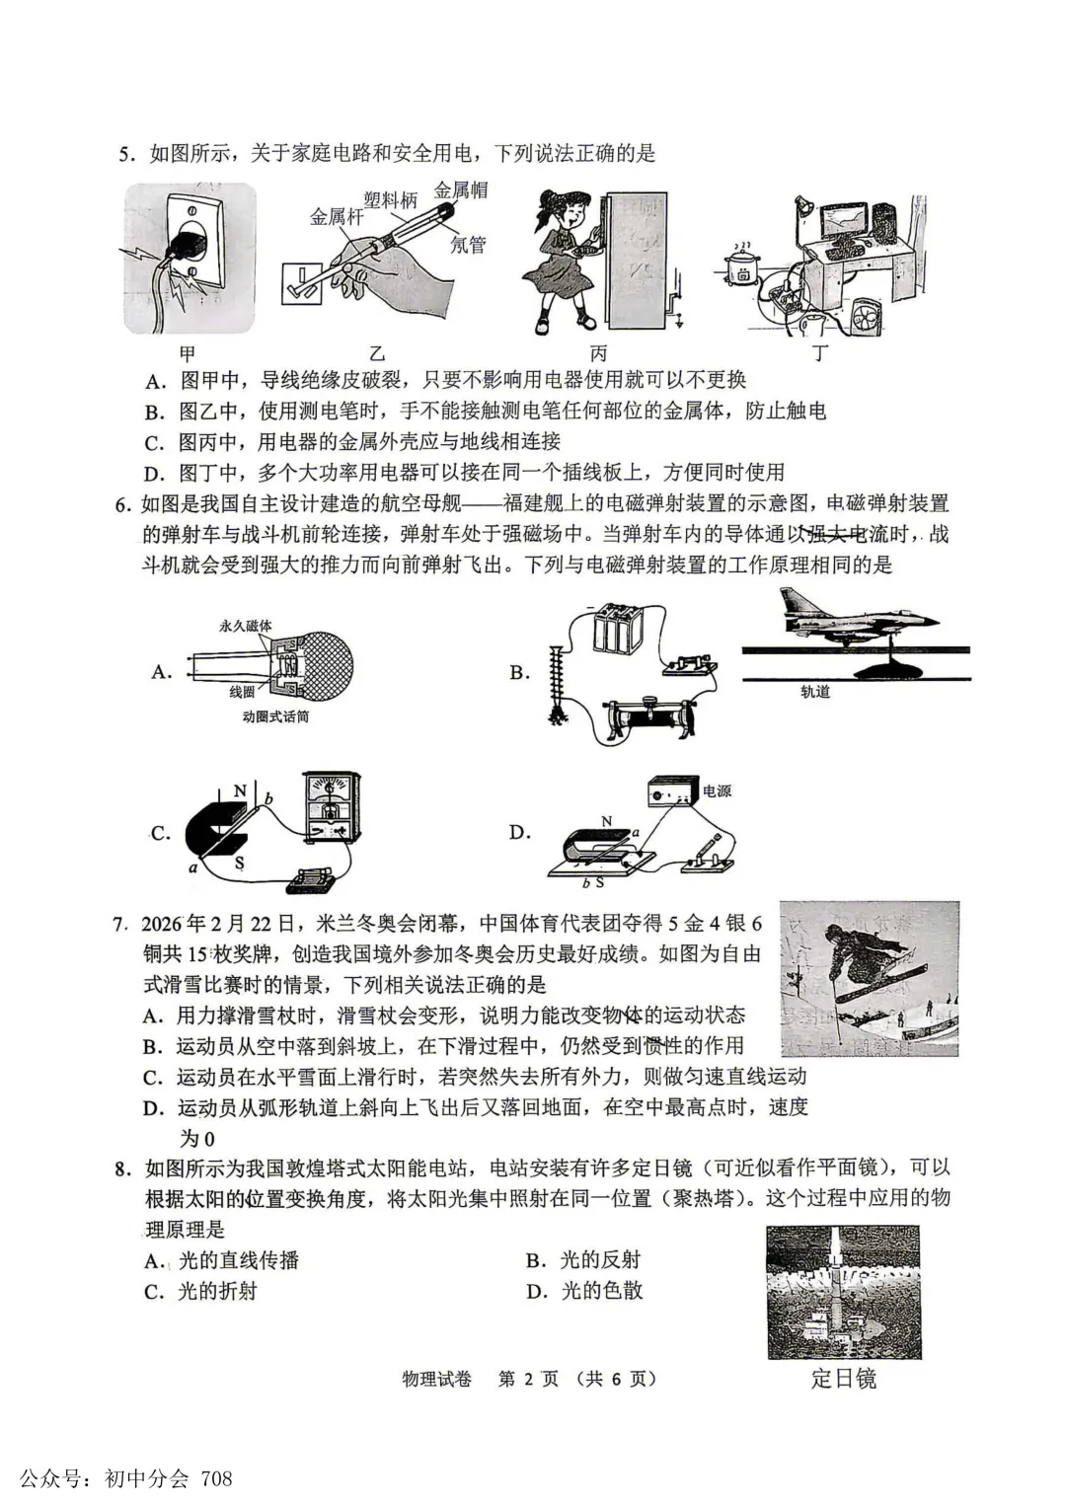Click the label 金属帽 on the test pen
point(461,190)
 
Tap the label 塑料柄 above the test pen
point(390,200)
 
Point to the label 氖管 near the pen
point(468,244)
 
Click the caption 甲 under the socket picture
point(188,352)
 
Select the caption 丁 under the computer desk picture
point(820,352)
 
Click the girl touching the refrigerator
point(559,260)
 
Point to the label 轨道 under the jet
point(815,692)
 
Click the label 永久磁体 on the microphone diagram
point(246,626)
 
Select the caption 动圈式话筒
point(275,716)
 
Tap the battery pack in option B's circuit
point(619,629)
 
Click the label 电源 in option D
point(717,791)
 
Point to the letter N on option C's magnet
point(240,791)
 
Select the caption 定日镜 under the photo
point(843,1378)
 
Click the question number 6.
point(122,504)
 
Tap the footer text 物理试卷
point(436,1379)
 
